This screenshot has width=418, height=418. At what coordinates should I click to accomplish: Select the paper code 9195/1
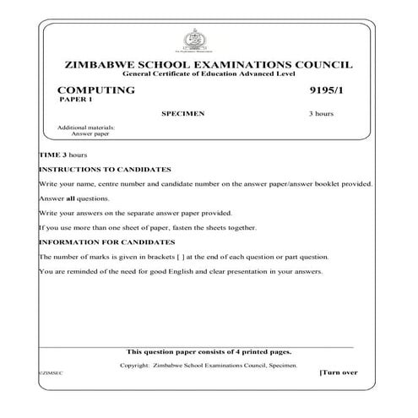(325, 90)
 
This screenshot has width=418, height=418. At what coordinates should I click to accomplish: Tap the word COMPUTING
(95, 90)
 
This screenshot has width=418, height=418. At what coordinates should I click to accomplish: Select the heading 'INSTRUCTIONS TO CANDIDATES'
(105, 170)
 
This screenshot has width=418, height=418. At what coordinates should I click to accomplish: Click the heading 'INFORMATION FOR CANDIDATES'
(104, 242)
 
